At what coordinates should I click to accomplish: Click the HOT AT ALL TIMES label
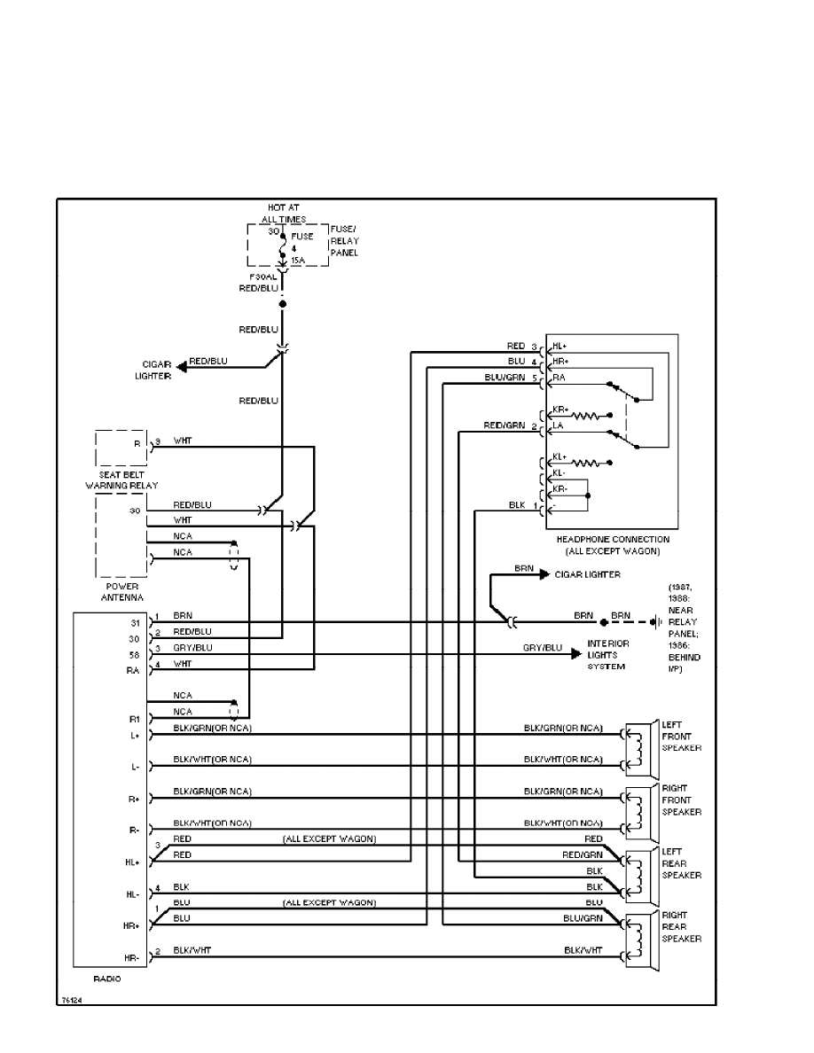(x=284, y=213)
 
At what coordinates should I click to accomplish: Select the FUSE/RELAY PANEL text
(x=344, y=239)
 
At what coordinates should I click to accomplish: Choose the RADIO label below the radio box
(x=106, y=979)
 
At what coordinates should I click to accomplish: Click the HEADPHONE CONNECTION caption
(x=613, y=544)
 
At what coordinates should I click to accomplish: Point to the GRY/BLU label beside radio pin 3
(x=192, y=648)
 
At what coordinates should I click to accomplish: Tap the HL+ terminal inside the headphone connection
(x=559, y=346)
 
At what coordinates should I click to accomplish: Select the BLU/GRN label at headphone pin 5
(x=504, y=378)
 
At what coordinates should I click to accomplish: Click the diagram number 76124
(x=72, y=1000)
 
